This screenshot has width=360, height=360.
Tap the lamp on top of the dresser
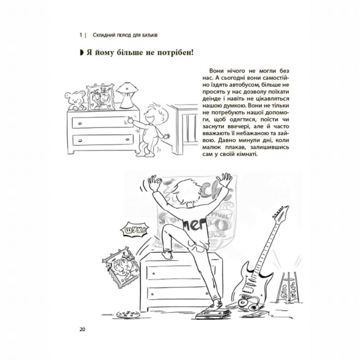pos(127,95)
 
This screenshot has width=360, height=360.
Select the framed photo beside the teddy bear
pos(101,98)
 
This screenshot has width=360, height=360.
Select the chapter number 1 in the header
pos(81,35)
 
